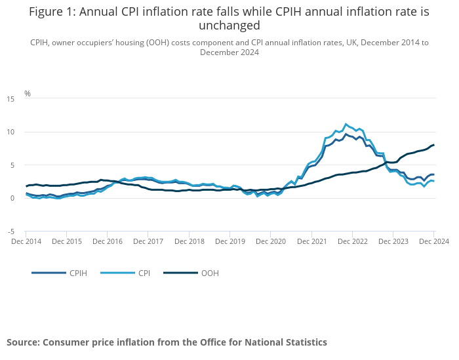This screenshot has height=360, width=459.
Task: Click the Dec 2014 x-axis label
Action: pyautogui.click(x=26, y=241)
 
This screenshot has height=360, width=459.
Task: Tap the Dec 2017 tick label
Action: pyautogui.click(x=148, y=241)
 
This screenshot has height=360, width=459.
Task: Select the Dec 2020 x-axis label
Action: pyautogui.click(x=271, y=241)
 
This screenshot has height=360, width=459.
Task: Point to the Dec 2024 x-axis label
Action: pyautogui.click(x=434, y=241)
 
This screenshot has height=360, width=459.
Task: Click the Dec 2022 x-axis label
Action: pyautogui.click(x=352, y=241)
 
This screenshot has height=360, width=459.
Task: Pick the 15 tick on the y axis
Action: pyautogui.click(x=10, y=98)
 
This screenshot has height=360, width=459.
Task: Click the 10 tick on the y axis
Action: pyautogui.click(x=10, y=132)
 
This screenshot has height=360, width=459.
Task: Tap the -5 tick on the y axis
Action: pyautogui.click(x=10, y=231)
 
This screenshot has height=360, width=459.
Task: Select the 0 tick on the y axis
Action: pyautogui.click(x=12, y=198)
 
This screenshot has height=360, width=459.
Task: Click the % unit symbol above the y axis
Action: pyautogui.click(x=28, y=93)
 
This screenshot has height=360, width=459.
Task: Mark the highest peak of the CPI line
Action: pyautogui.click(x=346, y=124)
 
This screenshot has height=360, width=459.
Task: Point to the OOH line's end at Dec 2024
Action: pyautogui.click(x=434, y=145)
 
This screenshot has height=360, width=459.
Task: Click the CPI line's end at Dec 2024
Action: pyautogui.click(x=433, y=181)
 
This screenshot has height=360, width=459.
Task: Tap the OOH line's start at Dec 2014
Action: pyautogui.click(x=26, y=186)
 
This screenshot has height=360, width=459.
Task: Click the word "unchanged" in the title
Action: pyautogui.click(x=229, y=26)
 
